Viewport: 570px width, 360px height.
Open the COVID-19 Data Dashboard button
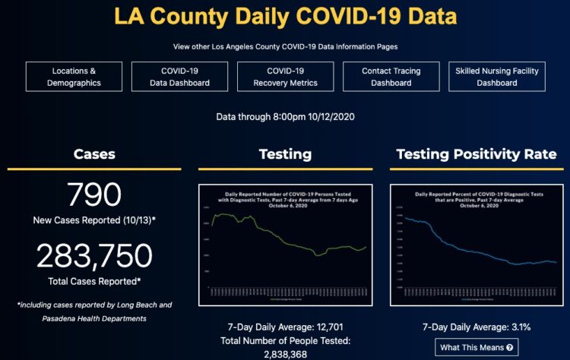pos(180,77)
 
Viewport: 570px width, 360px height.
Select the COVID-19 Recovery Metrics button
pos(285,77)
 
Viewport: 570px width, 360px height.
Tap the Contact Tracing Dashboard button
pos(391,77)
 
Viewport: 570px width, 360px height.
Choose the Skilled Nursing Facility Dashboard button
pos(497,77)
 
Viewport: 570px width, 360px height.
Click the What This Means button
pos(477,348)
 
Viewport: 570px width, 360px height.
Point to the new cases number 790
pos(94,195)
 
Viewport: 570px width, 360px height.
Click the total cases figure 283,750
pos(94,256)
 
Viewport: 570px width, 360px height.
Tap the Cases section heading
pos(94,154)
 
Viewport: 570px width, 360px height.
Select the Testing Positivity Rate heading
pos(477,154)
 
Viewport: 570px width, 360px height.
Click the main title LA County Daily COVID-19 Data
pos(285,16)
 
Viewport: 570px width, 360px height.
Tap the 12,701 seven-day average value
pos(306,327)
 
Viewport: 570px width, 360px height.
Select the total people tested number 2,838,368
pos(285,354)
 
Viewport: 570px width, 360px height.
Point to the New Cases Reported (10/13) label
pos(94,219)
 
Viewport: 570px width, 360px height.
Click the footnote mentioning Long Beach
pos(94,305)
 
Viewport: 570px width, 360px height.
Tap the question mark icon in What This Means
pos(510,348)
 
